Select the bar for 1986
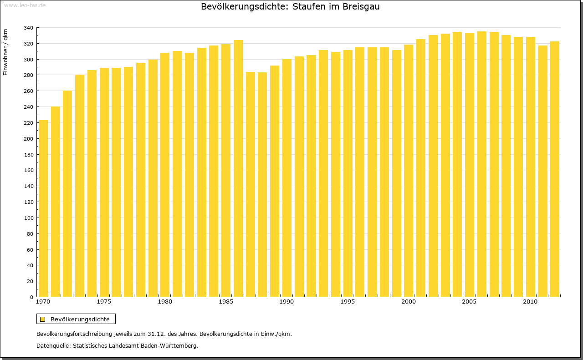click(238, 168)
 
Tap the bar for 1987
click(251, 184)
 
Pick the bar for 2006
click(482, 164)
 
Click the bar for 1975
click(104, 182)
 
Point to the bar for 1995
click(348, 173)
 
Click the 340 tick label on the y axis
click(28, 28)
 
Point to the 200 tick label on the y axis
click(28, 139)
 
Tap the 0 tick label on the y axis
click(31, 297)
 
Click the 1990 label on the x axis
click(286, 302)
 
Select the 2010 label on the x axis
click(529, 302)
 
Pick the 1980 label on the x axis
click(165, 302)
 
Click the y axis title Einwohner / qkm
click(5, 52)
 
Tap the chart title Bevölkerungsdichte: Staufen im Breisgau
click(290, 7)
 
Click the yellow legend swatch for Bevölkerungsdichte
click(43, 319)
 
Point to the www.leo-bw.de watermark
click(25, 5)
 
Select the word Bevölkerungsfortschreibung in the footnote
click(77, 334)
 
